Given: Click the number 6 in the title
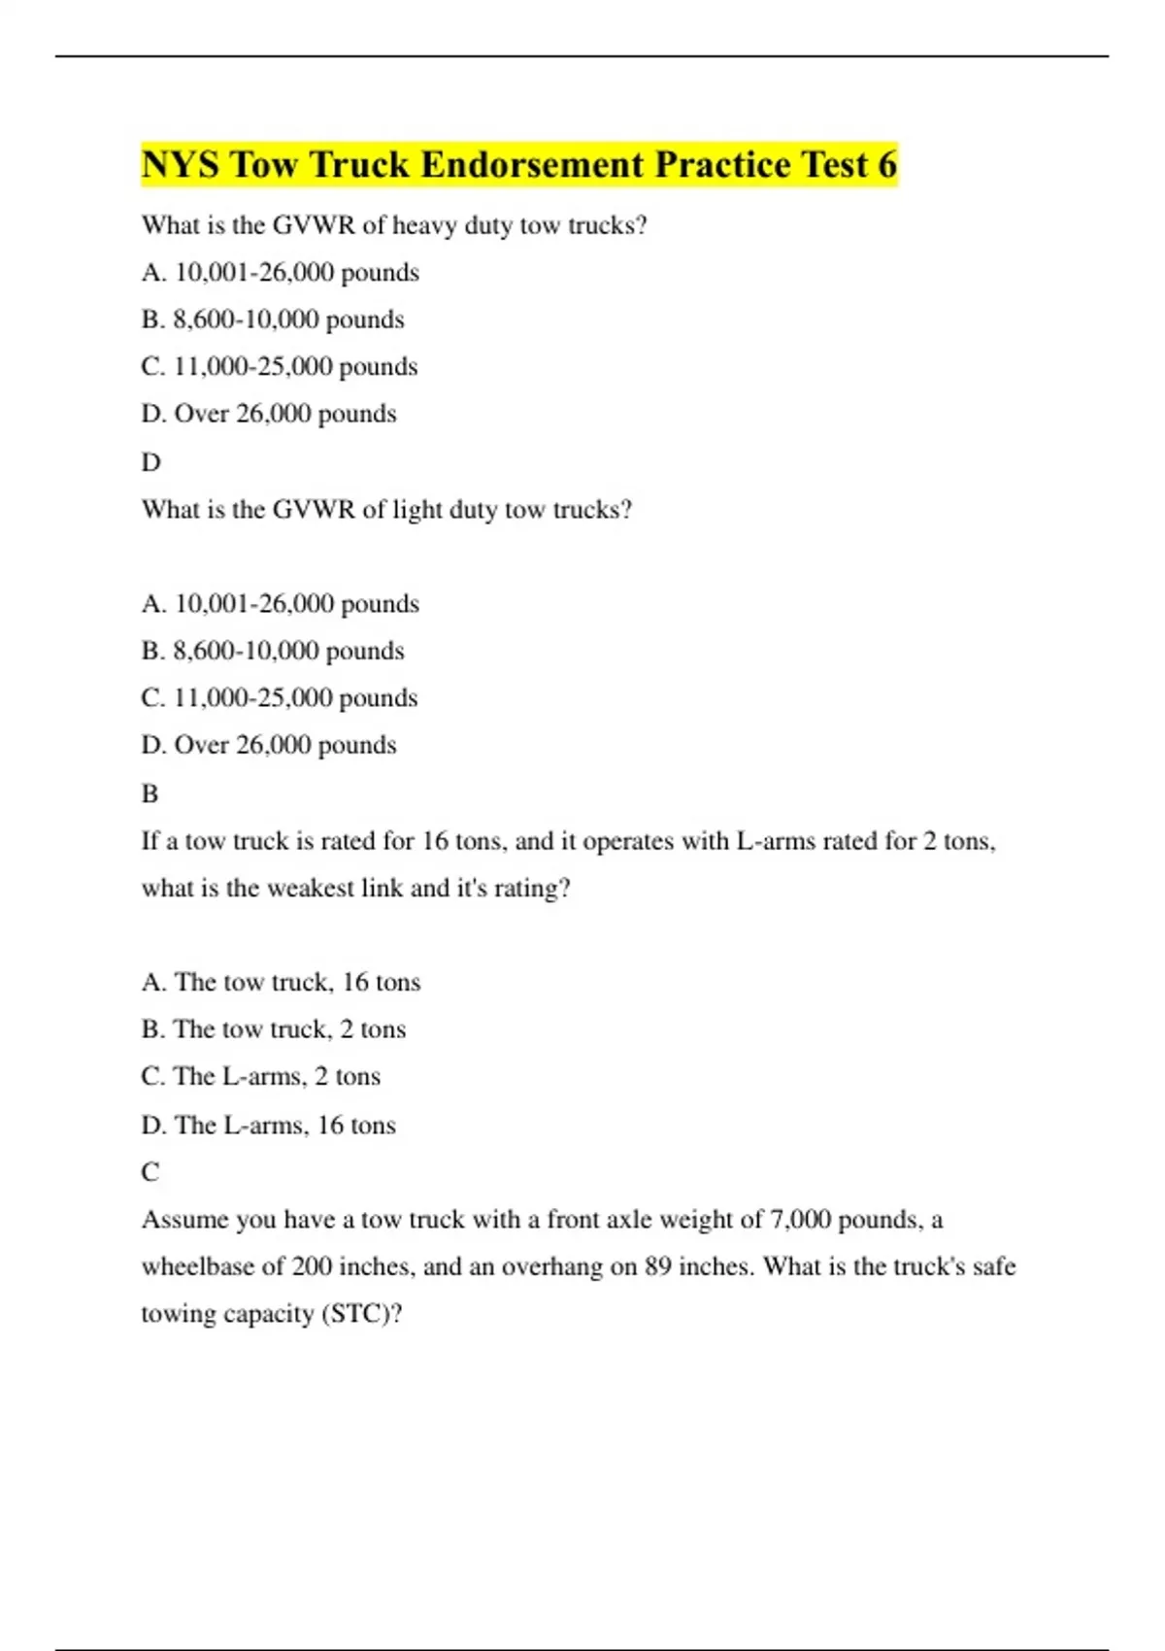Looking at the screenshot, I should pyautogui.click(x=886, y=165).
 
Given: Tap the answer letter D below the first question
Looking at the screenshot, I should pyautogui.click(x=150, y=462).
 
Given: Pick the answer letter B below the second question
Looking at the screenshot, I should pyautogui.click(x=150, y=794).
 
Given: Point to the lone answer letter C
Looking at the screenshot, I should pyautogui.click(x=150, y=1172).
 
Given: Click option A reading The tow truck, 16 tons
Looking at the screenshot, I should pyautogui.click(x=281, y=983).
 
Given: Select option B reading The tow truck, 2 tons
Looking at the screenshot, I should pyautogui.click(x=273, y=1029).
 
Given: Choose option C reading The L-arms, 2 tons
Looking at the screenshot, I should pyautogui.click(x=260, y=1077).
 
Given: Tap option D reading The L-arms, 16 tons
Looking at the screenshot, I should pyautogui.click(x=268, y=1126).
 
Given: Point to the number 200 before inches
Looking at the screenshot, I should pyautogui.click(x=312, y=1267).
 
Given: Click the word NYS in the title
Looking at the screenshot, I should pyautogui.click(x=181, y=165).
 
